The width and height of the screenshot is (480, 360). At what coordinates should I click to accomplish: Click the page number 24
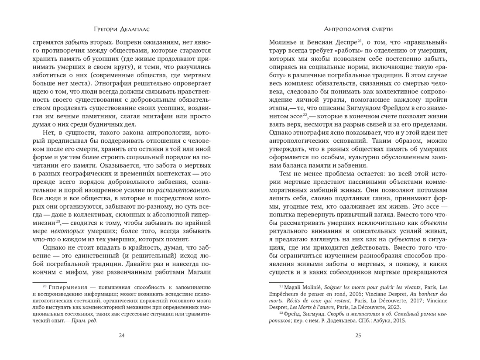(x=122, y=335)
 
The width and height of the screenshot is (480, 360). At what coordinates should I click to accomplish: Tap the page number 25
(x=358, y=335)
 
